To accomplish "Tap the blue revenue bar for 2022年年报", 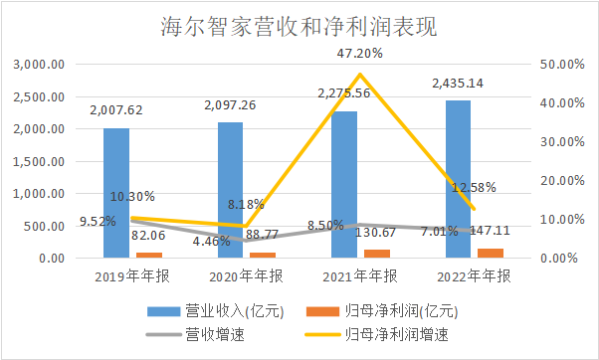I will click(x=458, y=179).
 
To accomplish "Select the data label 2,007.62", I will click(x=116, y=110).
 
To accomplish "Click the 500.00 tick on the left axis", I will click(x=46, y=226).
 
